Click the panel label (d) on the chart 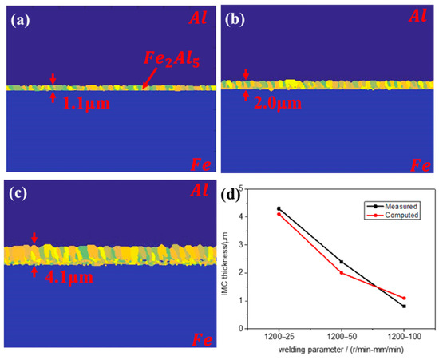pyautogui.click(x=239, y=194)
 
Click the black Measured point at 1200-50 pyautogui.click(x=342, y=261)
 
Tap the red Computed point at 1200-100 pyautogui.click(x=404, y=298)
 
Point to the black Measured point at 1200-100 pyautogui.click(x=404, y=306)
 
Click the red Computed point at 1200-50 pyautogui.click(x=342, y=272)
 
